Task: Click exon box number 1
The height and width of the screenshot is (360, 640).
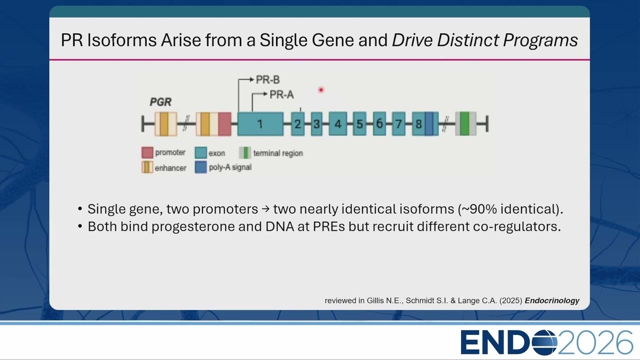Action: click(x=260, y=123)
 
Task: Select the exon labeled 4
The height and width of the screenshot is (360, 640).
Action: click(x=337, y=123)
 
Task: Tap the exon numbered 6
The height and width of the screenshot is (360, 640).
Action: click(x=379, y=123)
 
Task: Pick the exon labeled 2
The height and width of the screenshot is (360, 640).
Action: click(x=297, y=123)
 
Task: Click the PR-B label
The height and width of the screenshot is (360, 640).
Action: click(x=267, y=79)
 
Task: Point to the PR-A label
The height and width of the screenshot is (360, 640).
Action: click(x=281, y=94)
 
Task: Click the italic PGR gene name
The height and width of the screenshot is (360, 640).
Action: click(x=160, y=102)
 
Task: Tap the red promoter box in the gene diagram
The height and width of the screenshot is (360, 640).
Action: click(x=224, y=123)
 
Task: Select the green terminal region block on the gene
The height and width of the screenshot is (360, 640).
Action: click(x=464, y=123)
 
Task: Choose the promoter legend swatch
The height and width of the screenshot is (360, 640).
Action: click(x=147, y=152)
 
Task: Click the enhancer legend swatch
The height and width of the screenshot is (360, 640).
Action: click(x=147, y=167)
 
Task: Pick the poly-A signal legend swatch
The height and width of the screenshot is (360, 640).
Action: click(x=201, y=167)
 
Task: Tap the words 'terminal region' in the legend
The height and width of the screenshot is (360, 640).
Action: click(x=278, y=153)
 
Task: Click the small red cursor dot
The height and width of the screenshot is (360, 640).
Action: click(x=321, y=90)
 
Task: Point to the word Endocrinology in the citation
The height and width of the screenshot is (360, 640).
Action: click(x=552, y=300)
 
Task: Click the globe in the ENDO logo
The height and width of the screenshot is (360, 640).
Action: click(x=544, y=342)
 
